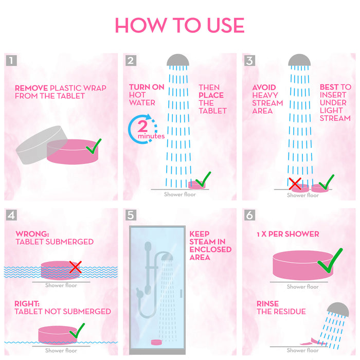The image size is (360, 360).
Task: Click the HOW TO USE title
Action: click(179, 25)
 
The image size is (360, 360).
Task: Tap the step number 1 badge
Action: click(11, 60)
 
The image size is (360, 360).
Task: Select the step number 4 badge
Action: click(11, 215)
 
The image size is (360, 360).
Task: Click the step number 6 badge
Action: click(249, 215)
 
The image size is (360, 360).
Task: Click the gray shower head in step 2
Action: click(178, 60)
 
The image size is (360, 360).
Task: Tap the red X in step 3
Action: click(295, 184)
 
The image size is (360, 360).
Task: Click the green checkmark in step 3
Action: click(326, 182)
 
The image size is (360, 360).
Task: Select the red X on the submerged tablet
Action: click(75, 267)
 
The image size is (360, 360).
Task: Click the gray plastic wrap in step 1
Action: click(39, 145)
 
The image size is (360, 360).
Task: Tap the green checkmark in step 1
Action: click(94, 147)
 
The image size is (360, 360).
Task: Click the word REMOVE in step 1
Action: click(31, 88)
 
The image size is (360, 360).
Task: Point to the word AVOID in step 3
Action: click(264, 87)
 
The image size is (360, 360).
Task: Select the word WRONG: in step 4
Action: click(32, 234)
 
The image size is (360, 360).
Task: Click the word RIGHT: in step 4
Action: click(27, 304)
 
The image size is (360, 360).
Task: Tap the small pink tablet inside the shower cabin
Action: click(156, 343)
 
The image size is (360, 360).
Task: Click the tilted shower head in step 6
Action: click(338, 310)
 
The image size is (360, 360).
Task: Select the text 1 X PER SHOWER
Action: click(288, 234)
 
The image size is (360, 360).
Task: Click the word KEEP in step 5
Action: click(200, 234)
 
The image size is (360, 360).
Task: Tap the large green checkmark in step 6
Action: click(330, 261)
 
